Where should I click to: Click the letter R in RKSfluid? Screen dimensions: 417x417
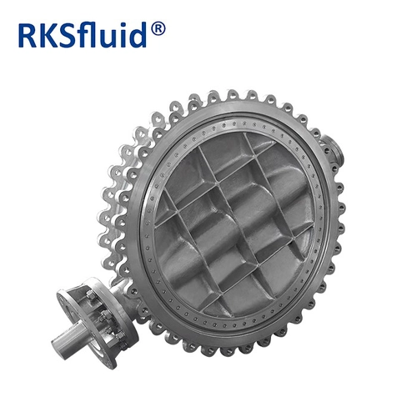28,36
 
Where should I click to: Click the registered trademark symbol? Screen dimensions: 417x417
158,29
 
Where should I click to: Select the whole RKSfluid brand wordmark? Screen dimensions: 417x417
92,35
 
